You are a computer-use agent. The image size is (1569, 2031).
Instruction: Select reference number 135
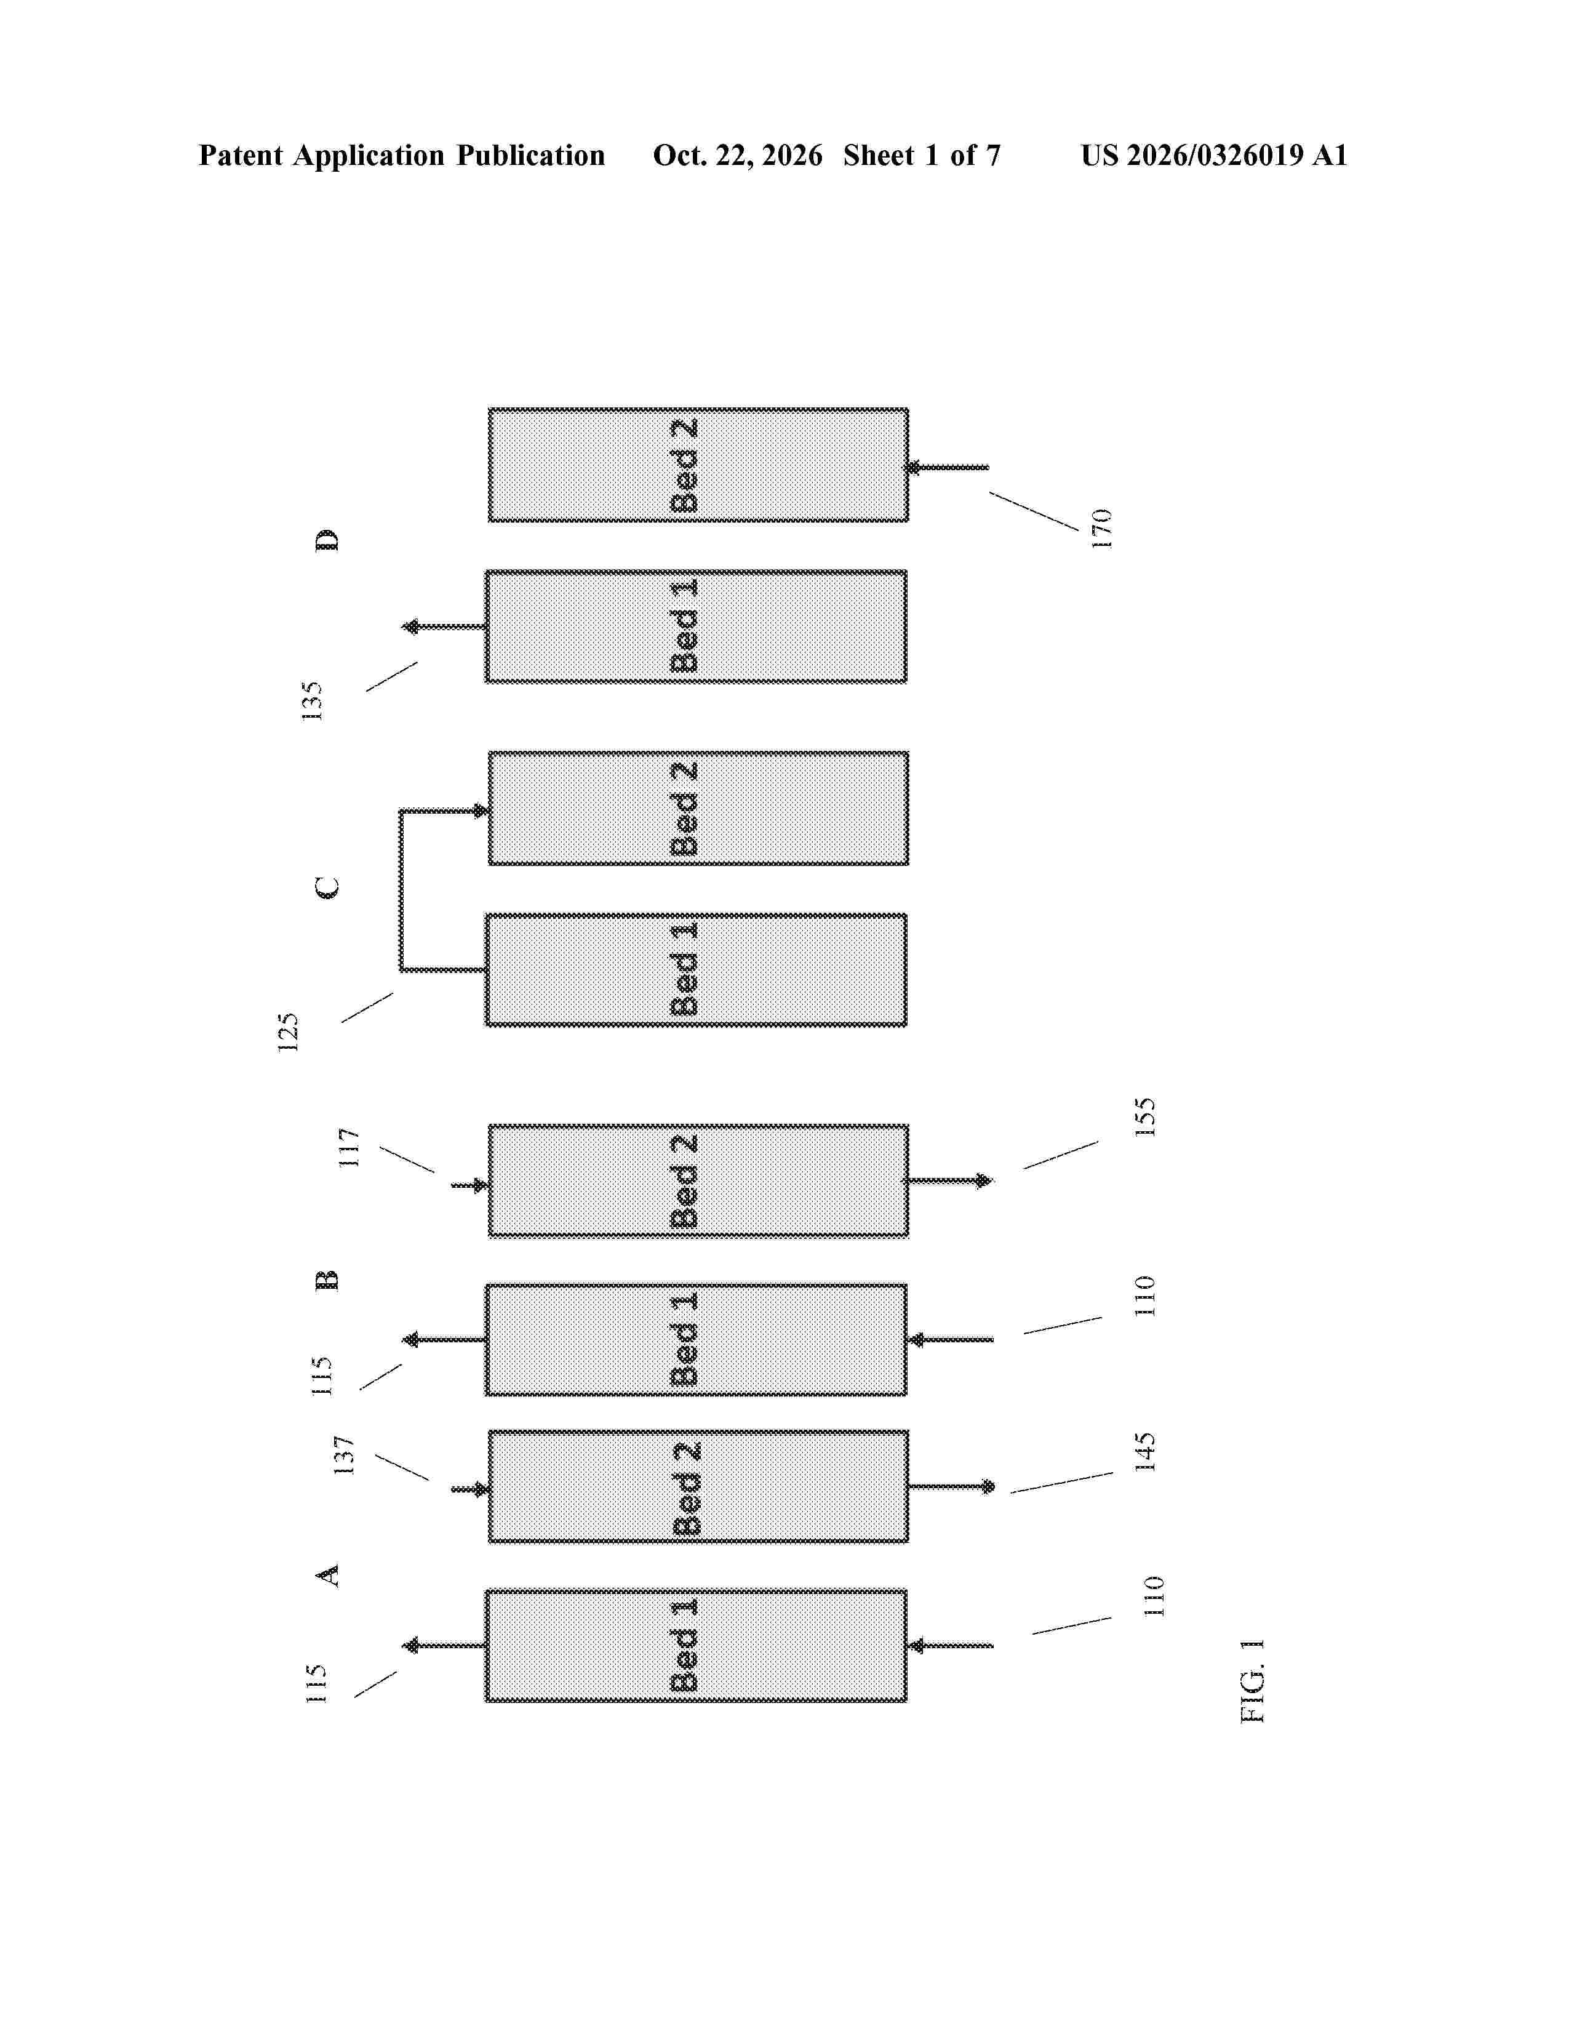(x=313, y=701)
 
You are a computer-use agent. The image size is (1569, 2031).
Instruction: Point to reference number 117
(x=348, y=1148)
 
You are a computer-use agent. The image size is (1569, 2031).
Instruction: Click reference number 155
(x=1146, y=1117)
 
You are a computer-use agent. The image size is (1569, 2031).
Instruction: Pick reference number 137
(x=344, y=1456)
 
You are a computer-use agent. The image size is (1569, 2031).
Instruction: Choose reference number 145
(x=1146, y=1452)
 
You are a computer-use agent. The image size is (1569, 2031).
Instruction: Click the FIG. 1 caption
(x=1253, y=1680)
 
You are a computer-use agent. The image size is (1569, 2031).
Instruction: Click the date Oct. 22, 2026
(x=737, y=155)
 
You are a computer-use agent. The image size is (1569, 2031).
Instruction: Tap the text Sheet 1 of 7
(x=922, y=155)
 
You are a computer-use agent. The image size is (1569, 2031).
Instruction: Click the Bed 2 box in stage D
(x=698, y=465)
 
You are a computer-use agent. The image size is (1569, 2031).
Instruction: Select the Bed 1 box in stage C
(x=695, y=970)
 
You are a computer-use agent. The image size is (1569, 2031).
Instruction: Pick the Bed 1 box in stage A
(x=695, y=1646)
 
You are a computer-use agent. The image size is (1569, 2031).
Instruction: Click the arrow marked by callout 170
(x=948, y=468)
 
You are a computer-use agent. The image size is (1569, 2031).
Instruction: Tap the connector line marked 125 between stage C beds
(x=401, y=890)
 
